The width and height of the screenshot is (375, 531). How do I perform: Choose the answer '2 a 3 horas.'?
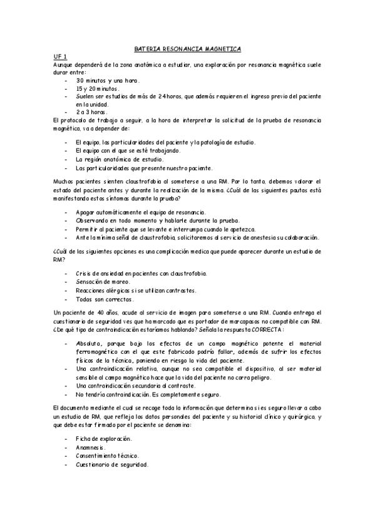point(96,111)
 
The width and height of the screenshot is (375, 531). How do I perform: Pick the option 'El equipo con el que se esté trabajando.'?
point(128,151)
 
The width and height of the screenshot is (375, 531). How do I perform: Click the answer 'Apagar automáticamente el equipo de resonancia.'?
point(140,214)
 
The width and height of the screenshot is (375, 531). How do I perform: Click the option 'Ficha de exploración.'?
point(103,440)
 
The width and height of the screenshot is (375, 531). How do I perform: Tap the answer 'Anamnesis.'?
point(91,448)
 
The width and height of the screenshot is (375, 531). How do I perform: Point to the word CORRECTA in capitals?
point(267,329)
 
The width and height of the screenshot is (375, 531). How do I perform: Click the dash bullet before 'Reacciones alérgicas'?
point(67,291)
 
